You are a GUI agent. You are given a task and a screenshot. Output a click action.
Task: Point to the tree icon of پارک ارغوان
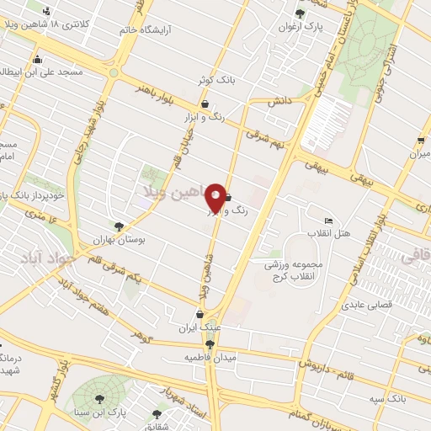(x=301, y=13)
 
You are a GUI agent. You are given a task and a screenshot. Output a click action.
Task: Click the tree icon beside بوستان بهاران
(x=119, y=226)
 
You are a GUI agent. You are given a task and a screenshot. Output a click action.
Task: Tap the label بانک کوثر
(x=214, y=80)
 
